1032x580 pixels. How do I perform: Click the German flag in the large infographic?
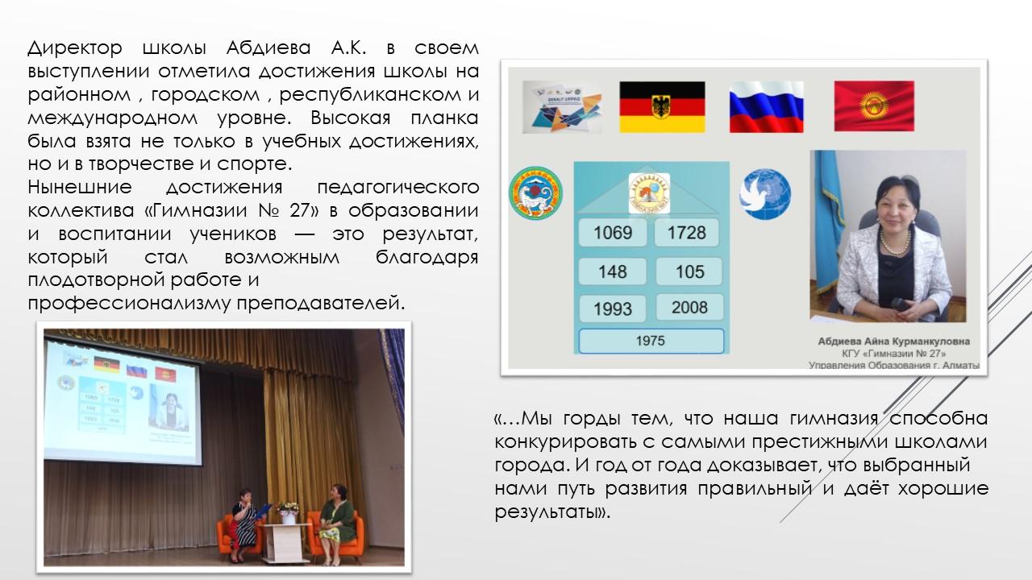coord(662,107)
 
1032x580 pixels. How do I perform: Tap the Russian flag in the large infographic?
coord(766,107)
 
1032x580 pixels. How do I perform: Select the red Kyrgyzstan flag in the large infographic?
coord(874,106)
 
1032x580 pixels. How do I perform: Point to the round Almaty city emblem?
coord(535,193)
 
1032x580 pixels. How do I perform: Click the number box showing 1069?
coord(613,233)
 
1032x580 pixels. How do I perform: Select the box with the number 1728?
coord(686,233)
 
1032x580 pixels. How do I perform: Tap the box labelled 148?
coord(613,271)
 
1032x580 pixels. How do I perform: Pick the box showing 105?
coord(689,271)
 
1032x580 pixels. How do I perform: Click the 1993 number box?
coord(613,309)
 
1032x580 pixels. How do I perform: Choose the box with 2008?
coord(689,307)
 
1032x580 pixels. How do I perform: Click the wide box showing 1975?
coord(651,341)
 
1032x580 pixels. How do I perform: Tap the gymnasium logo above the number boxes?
coord(649,193)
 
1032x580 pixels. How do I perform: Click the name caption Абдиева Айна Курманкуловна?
coord(894,342)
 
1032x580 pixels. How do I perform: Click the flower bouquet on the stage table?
coord(288,507)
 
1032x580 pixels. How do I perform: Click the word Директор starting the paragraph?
coord(75,48)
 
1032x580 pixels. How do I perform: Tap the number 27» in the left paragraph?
coord(304,210)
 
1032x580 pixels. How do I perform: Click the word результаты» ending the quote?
coord(552,512)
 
